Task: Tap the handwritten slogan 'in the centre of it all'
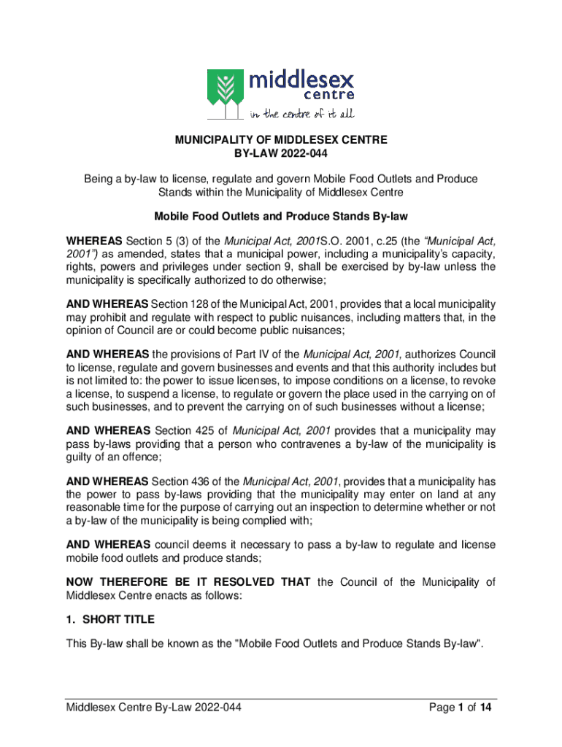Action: point(301,113)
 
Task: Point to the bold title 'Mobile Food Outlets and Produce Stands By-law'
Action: point(280,217)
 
